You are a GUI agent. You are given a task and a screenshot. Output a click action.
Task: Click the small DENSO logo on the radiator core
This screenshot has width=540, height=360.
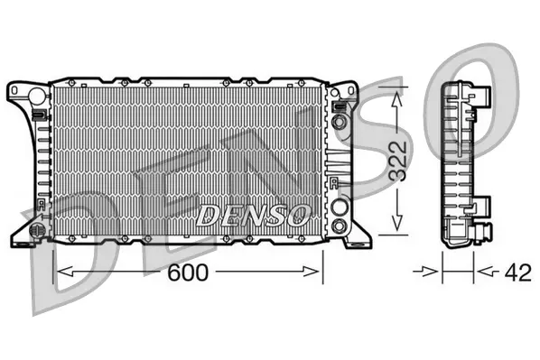(254, 215)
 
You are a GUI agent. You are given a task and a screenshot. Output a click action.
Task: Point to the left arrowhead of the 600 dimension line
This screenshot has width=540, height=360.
(61, 271)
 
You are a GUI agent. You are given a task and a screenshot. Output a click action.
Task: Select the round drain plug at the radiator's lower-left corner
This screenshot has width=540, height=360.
(38, 231)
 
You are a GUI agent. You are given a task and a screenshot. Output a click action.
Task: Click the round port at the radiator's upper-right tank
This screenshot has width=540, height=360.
(339, 121)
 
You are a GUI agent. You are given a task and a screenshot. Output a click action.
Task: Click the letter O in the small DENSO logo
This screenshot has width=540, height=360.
(301, 215)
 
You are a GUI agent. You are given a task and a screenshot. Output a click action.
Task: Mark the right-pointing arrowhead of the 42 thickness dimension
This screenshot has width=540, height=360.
(433, 271)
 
